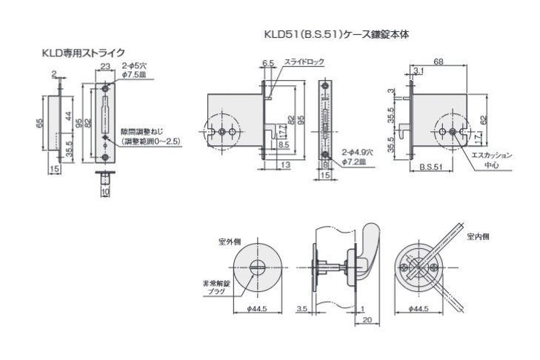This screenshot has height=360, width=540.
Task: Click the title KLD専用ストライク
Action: tap(82, 53)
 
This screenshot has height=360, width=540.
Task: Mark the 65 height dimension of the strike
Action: tap(39, 124)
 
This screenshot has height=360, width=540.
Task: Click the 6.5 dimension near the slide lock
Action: tap(267, 63)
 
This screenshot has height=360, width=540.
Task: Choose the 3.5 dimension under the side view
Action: tap(302, 308)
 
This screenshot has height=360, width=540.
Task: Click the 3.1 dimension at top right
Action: tap(419, 71)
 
